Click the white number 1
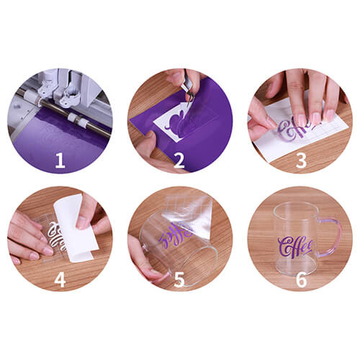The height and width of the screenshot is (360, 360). coord(60,160)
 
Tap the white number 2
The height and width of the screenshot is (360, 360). coord(179,160)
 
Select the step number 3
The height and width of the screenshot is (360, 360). coord(300,160)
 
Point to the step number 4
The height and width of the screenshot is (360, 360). coord(60,278)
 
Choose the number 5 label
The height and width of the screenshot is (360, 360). coord(179,278)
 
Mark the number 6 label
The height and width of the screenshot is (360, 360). coord(300,278)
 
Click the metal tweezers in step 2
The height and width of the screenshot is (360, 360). coord(187,89)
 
